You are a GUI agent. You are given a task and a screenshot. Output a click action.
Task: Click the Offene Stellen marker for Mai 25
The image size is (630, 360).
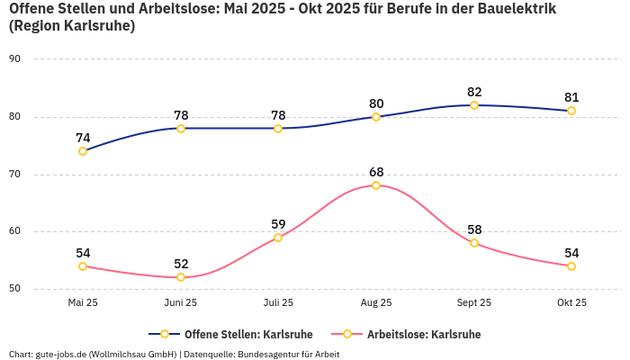click(x=83, y=151)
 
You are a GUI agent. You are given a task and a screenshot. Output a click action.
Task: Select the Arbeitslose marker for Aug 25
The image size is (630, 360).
click(x=376, y=185)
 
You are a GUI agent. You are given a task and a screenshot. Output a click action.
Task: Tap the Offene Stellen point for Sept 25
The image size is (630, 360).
click(x=474, y=105)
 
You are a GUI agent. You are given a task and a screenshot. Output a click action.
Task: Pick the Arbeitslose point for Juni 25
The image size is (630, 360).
click(x=181, y=277)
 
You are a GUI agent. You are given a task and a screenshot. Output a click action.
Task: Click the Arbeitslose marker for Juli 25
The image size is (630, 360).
click(x=278, y=238)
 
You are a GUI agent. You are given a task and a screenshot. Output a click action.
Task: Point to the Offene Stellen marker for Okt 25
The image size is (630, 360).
click(x=571, y=111)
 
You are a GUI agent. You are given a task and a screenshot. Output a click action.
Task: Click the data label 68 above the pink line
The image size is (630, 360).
click(x=376, y=172)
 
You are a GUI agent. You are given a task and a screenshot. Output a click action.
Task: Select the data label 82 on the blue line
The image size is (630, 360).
click(x=474, y=92)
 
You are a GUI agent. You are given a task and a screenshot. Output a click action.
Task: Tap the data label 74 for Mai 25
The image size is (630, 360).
click(x=83, y=138)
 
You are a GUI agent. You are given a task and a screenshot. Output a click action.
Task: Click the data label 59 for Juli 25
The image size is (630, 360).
click(x=278, y=224)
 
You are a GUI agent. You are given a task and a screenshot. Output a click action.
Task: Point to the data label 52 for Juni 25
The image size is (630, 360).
click(x=181, y=264)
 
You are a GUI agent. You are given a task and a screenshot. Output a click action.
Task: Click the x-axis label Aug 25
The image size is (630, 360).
click(x=376, y=303)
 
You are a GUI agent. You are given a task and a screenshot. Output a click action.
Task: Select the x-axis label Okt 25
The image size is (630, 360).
click(x=571, y=303)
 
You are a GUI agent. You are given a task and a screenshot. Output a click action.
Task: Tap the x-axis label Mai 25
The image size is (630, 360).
click(x=83, y=303)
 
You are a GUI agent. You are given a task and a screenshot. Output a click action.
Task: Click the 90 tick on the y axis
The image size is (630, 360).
click(x=14, y=59)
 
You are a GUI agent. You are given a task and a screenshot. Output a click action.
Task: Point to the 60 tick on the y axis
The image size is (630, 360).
click(x=14, y=232)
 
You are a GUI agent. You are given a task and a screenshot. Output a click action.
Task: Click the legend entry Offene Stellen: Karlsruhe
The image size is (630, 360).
click(x=248, y=334)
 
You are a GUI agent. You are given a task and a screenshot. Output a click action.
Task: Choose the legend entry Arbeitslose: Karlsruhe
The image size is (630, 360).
click(x=423, y=334)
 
